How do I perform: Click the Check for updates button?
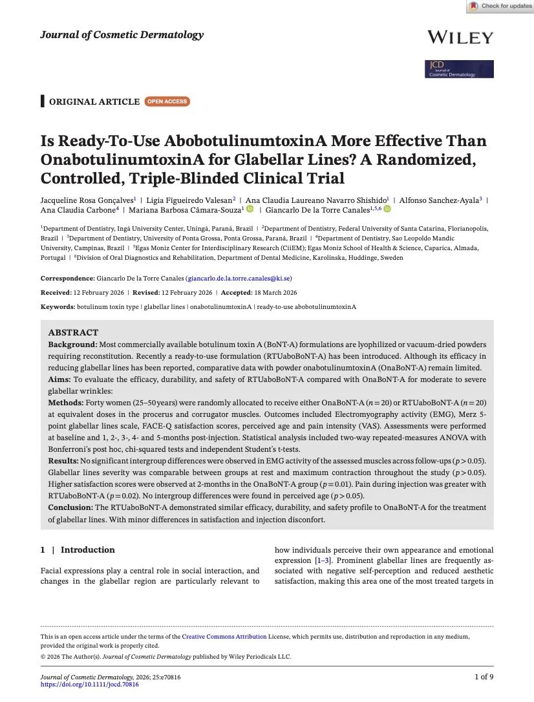pyautogui.click(x=500, y=6)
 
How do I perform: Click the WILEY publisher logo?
pyautogui.click(x=460, y=37)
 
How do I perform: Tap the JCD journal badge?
pyautogui.click(x=460, y=69)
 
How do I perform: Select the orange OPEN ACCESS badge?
pyautogui.click(x=167, y=101)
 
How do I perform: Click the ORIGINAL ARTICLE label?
pyautogui.click(x=94, y=101)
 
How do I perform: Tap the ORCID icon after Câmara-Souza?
pyautogui.click(x=250, y=209)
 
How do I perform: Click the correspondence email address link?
pyautogui.click(x=239, y=279)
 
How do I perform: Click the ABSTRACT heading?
pyautogui.click(x=72, y=332)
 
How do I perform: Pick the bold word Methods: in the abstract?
pyautogui.click(x=67, y=403)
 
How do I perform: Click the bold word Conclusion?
pyautogui.click(x=71, y=507)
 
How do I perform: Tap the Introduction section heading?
pyautogui.click(x=87, y=550)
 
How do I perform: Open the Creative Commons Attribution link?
pyautogui.click(x=224, y=637)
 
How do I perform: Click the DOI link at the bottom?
pyautogui.click(x=89, y=684)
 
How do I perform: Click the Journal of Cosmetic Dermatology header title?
pyautogui.click(x=122, y=35)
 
